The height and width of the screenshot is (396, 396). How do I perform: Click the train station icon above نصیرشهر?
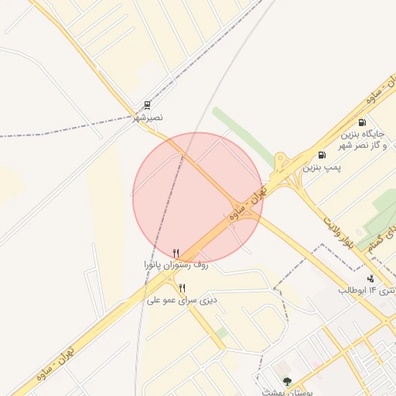148,105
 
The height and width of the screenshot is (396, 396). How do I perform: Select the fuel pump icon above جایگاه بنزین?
362,121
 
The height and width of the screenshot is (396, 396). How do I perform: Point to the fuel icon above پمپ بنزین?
322,155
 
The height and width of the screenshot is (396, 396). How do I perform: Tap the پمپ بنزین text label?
322,166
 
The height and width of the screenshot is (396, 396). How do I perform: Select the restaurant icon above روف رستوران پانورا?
176,253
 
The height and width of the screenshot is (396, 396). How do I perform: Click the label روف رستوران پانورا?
176,265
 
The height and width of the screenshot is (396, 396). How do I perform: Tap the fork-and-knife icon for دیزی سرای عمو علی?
182,288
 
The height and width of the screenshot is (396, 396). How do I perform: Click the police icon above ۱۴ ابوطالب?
370,278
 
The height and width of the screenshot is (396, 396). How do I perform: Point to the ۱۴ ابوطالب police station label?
367,290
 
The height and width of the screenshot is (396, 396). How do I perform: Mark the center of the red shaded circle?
198,197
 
